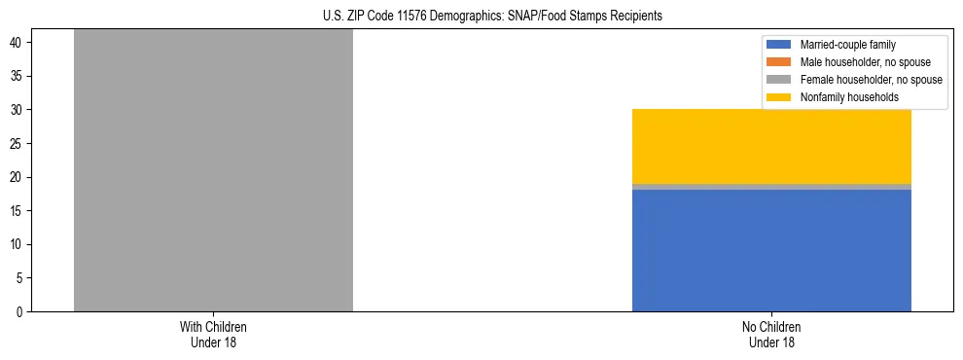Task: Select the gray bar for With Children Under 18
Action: click(213, 170)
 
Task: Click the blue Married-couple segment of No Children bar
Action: click(771, 250)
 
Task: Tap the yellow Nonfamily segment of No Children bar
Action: click(771, 146)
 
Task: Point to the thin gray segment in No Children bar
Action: click(771, 186)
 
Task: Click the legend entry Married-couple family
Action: click(847, 45)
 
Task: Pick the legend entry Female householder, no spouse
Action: click(871, 80)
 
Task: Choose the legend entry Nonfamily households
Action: click(847, 97)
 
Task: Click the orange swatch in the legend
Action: click(779, 62)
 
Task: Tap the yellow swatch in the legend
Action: click(779, 97)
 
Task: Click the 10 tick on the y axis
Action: click(18, 244)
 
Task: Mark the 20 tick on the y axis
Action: click(18, 177)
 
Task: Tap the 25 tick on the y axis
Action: click(18, 143)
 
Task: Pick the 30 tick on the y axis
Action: click(18, 110)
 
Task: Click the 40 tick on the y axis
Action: click(18, 43)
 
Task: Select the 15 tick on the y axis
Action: click(18, 210)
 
